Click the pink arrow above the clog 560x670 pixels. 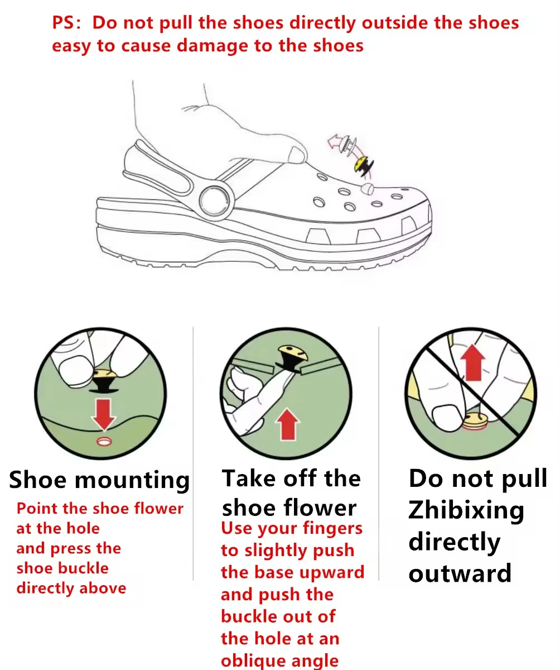click(335, 141)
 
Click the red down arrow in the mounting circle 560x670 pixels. click(103, 414)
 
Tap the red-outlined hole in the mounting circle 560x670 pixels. click(104, 442)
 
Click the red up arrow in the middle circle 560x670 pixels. click(288, 424)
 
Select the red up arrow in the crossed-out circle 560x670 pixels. click(472, 363)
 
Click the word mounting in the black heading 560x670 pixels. click(132, 480)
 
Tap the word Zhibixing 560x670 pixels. click(466, 510)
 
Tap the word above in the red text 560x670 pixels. click(103, 588)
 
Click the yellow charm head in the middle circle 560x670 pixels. click(292, 352)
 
